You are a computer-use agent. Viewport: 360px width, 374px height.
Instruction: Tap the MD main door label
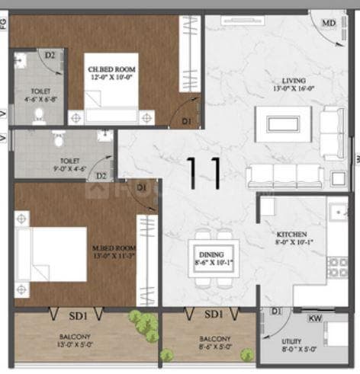point(328,24)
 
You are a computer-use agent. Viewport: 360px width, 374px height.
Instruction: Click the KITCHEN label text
point(292,235)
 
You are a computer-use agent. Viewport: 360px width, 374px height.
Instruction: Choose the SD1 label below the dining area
point(213,314)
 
